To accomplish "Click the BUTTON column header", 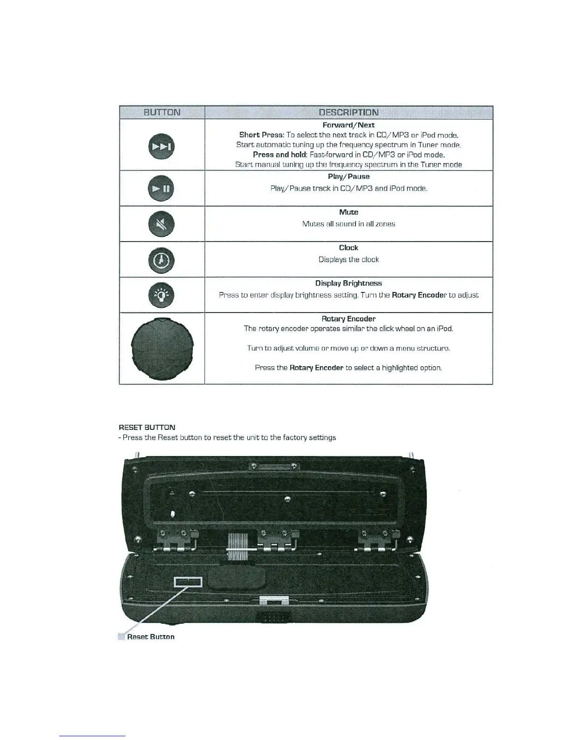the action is [x=162, y=112].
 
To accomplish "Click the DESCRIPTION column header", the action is [x=348, y=112].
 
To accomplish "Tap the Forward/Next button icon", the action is [x=161, y=146].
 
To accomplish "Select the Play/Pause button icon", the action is [x=161, y=189].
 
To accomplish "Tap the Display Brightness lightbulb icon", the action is [x=161, y=295].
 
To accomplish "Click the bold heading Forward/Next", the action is [x=348, y=125].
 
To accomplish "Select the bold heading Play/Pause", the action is [x=348, y=177].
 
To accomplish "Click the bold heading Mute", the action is [x=348, y=212].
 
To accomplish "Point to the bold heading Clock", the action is [x=348, y=248].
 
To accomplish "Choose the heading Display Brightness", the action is [x=348, y=283].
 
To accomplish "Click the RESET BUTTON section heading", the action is [x=147, y=427].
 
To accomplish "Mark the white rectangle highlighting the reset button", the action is [x=188, y=581].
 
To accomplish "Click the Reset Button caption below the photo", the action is [x=150, y=637].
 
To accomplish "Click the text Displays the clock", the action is [x=348, y=259].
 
